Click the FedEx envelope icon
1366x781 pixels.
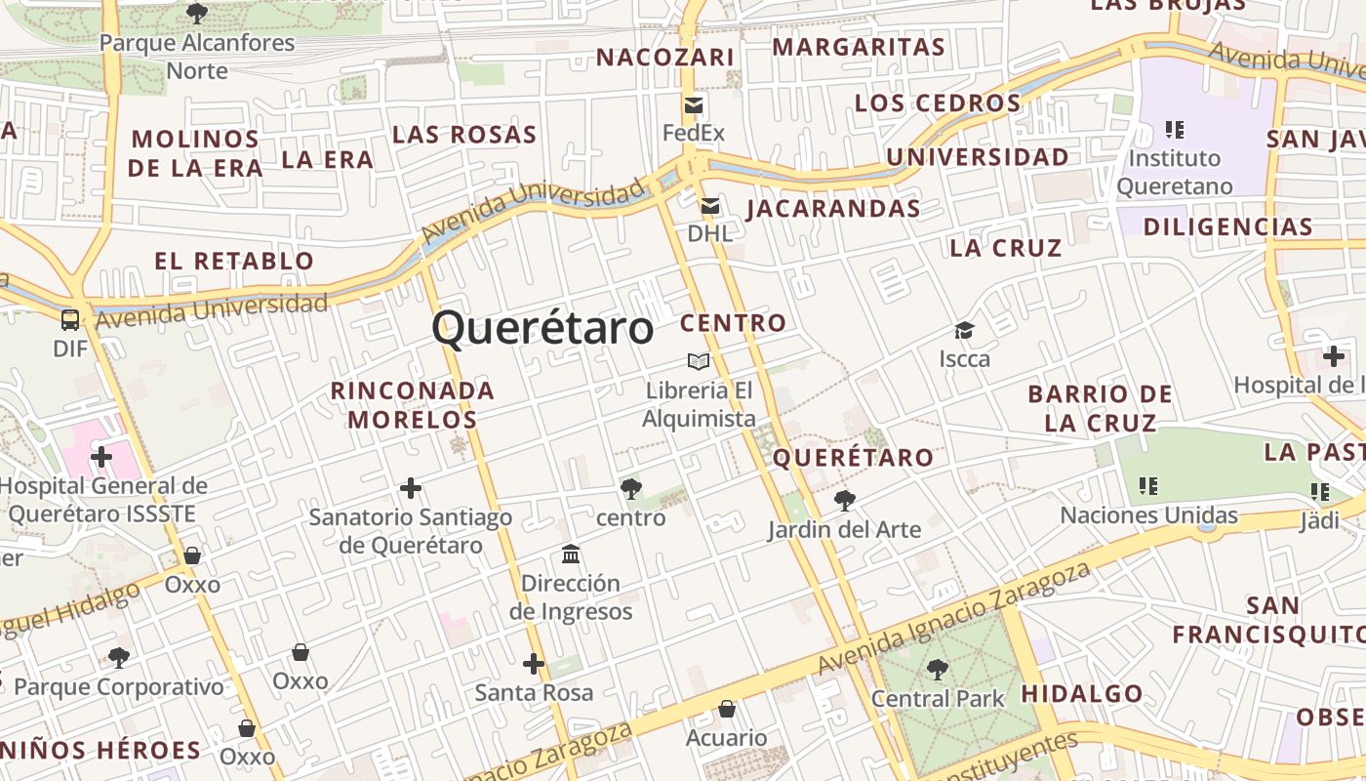[694, 105]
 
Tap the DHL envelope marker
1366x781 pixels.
[710, 206]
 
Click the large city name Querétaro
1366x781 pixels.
[542, 328]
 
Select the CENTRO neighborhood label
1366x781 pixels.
[733, 323]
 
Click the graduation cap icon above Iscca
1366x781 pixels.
[964, 331]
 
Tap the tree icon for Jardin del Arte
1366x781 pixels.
[844, 502]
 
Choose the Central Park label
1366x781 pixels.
[938, 698]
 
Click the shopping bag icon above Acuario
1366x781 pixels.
[726, 709]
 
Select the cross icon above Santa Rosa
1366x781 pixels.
[533, 664]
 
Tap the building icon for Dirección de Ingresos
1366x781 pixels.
[571, 555]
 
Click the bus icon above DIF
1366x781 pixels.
[70, 320]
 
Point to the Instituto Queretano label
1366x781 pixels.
[1175, 172]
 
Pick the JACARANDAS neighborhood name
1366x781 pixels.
[833, 208]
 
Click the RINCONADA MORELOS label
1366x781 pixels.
[413, 405]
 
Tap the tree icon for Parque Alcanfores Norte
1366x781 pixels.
[196, 14]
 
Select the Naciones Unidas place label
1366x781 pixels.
[1148, 515]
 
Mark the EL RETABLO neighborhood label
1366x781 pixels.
[234, 261]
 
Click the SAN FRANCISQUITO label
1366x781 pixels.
[1266, 620]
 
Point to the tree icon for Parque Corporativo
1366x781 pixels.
[119, 658]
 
